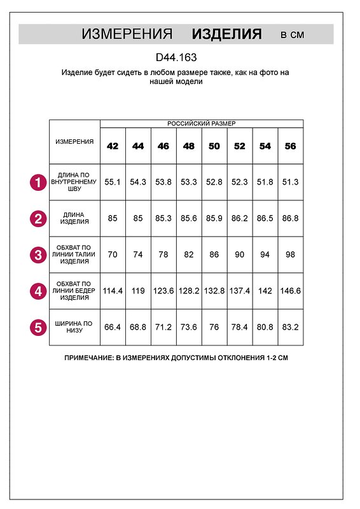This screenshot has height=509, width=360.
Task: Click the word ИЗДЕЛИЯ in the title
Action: [x=226, y=34]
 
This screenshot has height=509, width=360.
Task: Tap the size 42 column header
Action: [x=113, y=146]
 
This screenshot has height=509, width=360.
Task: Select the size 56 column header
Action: [x=291, y=146]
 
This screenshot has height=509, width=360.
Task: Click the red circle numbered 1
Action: [x=38, y=183]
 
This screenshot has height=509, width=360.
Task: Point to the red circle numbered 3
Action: [x=38, y=256]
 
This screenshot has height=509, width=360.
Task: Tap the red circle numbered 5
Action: [x=38, y=328]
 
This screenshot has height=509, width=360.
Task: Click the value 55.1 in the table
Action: [x=113, y=182]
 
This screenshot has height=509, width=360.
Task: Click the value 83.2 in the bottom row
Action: [x=291, y=328]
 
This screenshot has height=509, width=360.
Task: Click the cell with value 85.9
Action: [x=214, y=219]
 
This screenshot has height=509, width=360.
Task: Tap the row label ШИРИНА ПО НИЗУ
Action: [x=75, y=328]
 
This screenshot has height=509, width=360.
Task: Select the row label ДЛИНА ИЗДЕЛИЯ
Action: [x=75, y=219]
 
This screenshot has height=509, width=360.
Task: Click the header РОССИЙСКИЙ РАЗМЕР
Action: [x=202, y=123]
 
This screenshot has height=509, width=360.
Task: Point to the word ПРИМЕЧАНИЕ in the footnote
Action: [x=89, y=358]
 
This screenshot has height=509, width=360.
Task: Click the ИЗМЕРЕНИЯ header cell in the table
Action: [x=75, y=141]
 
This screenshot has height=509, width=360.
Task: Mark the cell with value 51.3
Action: [x=291, y=182]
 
